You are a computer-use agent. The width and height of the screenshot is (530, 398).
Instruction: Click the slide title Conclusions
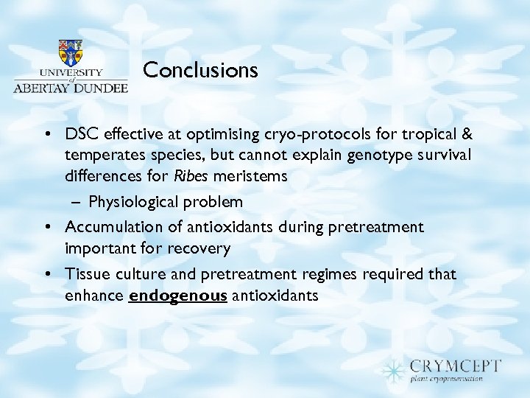pos(200,70)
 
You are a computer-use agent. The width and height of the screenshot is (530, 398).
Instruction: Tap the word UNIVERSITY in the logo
pos(70,74)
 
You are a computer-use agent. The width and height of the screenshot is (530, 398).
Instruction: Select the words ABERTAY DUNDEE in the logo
pos(71,86)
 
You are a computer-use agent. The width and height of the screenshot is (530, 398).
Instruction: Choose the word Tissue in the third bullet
pos(85,274)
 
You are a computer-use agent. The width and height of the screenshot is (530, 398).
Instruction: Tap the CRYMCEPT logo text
pos(456,366)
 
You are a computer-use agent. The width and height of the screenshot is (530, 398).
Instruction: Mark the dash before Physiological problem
pos(76,202)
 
